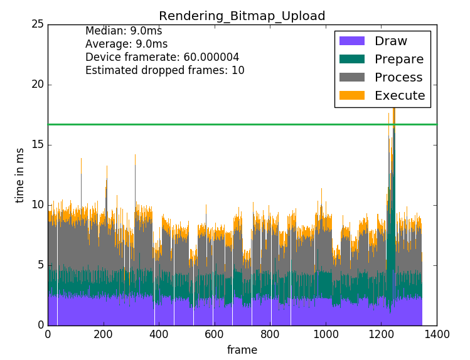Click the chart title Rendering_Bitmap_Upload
click(x=242, y=16)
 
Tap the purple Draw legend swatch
click(x=351, y=41)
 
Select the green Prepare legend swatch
click(x=351, y=60)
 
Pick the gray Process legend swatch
click(x=351, y=78)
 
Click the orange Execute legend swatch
click(x=351, y=96)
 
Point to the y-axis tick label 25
click(x=37, y=24)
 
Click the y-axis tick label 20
click(x=37, y=85)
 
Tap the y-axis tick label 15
click(x=37, y=145)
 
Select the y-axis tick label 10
click(x=37, y=205)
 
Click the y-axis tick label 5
click(x=40, y=265)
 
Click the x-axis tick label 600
click(x=214, y=335)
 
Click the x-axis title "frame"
click(x=242, y=350)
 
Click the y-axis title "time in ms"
click(x=20, y=175)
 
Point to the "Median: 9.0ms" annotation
click(x=124, y=31)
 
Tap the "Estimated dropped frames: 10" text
click(x=164, y=70)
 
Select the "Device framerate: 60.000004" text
click(x=162, y=57)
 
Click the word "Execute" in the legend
click(x=400, y=96)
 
